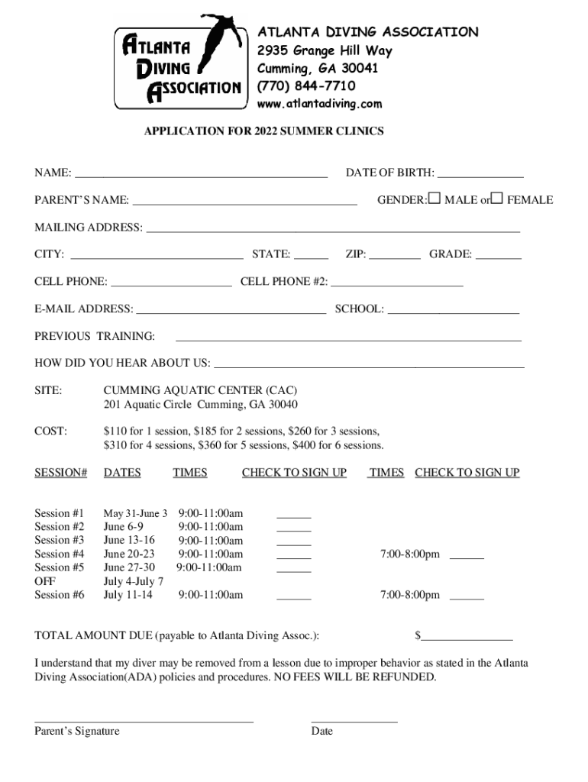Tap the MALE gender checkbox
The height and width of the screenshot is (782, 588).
(x=435, y=199)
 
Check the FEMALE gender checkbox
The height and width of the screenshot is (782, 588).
(x=497, y=199)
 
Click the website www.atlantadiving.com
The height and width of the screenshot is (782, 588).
(x=319, y=104)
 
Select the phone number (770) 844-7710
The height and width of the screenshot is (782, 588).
(x=305, y=86)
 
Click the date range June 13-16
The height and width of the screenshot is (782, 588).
(x=128, y=540)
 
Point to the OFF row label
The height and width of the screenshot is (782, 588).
(x=45, y=581)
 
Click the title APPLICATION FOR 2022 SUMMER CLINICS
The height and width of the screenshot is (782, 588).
(x=264, y=131)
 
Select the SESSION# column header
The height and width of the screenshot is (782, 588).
(x=60, y=473)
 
